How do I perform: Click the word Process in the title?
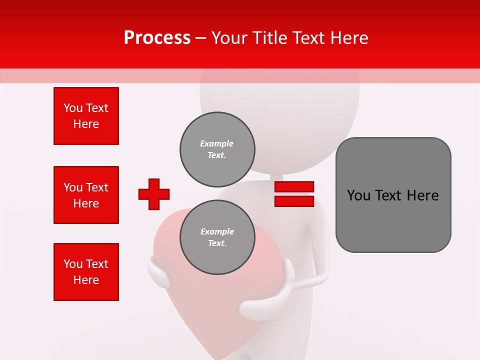tap(157, 37)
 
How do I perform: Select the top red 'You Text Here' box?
tap(86, 116)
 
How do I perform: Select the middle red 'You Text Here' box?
tap(86, 195)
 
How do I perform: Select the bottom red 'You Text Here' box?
tap(86, 272)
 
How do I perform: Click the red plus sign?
tap(154, 194)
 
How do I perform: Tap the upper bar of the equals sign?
tap(294, 186)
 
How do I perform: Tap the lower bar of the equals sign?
tap(294, 201)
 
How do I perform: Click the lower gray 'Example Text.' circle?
tap(217, 237)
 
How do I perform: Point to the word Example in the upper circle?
tap(216, 143)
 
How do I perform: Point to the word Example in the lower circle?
tap(217, 231)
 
